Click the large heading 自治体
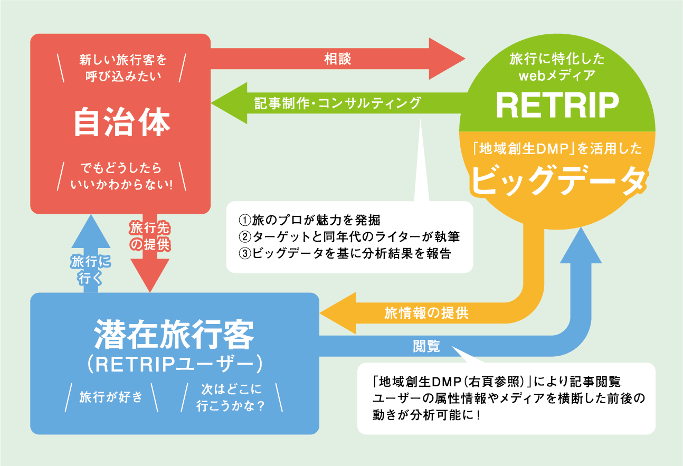(x=121, y=123)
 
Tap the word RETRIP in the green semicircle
(x=557, y=106)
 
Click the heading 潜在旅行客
(x=174, y=333)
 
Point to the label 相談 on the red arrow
(x=337, y=59)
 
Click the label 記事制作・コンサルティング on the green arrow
(x=337, y=103)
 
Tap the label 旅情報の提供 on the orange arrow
(x=426, y=313)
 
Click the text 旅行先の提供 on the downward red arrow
(x=149, y=236)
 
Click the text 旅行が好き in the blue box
(x=111, y=397)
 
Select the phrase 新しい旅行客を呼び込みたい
(x=122, y=68)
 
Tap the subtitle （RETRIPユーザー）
(x=174, y=363)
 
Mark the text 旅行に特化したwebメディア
(x=557, y=67)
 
